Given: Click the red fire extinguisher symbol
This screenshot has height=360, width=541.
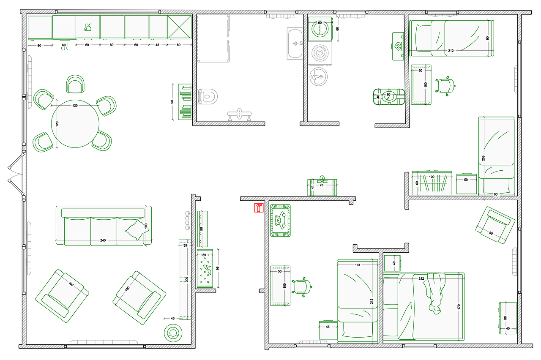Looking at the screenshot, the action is [259, 208].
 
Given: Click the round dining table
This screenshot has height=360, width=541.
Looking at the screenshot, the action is [75, 124].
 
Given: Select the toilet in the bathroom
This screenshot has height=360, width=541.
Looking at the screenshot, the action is [208, 97].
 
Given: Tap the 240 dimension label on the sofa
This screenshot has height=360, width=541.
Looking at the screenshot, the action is [103, 240].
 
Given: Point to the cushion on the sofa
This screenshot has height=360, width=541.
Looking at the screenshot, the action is [137, 230].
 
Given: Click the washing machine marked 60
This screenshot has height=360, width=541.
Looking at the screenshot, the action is [320, 29].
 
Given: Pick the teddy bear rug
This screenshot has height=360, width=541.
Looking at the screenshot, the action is [280, 221].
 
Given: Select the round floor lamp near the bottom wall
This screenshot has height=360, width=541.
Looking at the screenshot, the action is [173, 333].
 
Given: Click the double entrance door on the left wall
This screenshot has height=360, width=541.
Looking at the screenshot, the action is [16, 174].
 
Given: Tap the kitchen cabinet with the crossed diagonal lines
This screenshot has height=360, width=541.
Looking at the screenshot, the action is [179, 27].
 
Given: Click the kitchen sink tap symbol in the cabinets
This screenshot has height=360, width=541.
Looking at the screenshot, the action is [88, 27].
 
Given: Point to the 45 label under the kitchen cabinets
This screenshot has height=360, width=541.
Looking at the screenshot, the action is [157, 45].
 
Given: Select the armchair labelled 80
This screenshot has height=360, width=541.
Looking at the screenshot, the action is [495, 225].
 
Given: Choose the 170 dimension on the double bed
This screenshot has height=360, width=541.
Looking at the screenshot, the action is [459, 307].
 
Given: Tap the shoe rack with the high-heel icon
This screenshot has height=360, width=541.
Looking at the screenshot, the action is [205, 268].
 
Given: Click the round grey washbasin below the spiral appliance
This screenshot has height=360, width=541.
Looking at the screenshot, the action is [319, 77].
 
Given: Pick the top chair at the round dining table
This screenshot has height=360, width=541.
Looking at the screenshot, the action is [75, 84].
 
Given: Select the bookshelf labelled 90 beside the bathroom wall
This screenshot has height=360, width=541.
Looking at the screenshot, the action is [185, 102].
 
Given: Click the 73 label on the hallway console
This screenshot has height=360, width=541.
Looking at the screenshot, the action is [322, 185].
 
